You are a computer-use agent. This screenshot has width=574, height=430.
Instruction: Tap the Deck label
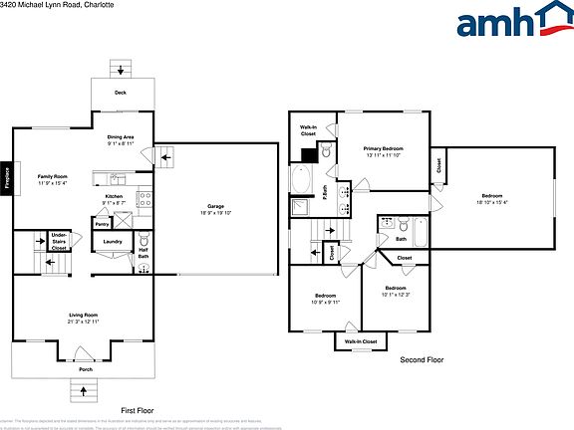(x=120, y=93)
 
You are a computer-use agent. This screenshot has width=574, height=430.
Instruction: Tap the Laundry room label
(x=112, y=242)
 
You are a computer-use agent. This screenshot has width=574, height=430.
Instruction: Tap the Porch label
(x=86, y=369)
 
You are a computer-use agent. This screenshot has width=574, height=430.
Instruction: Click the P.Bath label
(x=325, y=193)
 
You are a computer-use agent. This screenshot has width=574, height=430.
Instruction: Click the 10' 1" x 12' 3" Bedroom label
(x=396, y=291)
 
